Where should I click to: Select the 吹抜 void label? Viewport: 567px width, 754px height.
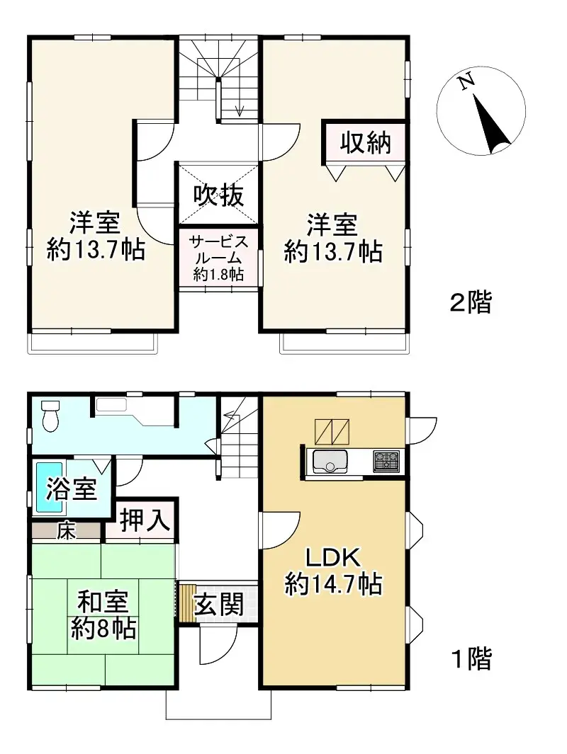(220, 195)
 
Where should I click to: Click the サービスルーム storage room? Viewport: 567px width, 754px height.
(219, 256)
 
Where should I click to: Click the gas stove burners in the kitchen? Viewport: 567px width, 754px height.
(387, 461)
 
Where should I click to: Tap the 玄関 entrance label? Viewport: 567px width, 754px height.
(220, 605)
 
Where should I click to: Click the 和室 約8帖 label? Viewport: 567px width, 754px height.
(103, 616)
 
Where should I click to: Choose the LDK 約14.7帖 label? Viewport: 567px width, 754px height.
(333, 571)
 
